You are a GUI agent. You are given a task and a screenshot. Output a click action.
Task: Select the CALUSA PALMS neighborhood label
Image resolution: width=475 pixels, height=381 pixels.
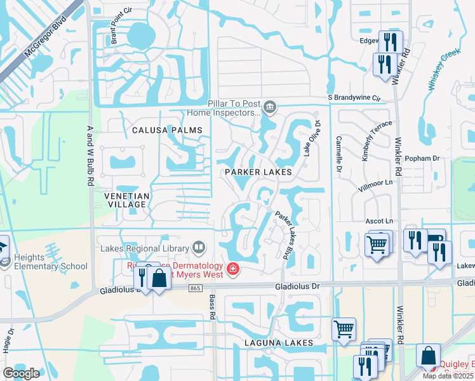click(x=167, y=130)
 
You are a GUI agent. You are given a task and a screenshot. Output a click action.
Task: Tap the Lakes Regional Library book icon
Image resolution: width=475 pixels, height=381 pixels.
click(x=199, y=248)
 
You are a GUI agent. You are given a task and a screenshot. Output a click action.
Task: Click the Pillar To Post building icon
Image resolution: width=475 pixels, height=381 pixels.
click(x=271, y=107)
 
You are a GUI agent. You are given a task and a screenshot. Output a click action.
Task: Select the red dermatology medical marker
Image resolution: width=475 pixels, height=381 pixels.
click(x=233, y=269)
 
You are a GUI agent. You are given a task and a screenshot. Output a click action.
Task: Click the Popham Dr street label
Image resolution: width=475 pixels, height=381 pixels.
click(x=426, y=158)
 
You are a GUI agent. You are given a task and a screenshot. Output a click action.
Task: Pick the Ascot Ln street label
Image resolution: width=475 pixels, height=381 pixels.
click(x=380, y=220)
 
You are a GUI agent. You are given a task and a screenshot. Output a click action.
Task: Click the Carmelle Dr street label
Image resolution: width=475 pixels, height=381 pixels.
click(x=339, y=155)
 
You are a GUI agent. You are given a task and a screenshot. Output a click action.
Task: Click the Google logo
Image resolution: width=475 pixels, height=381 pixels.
click(x=22, y=373)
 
